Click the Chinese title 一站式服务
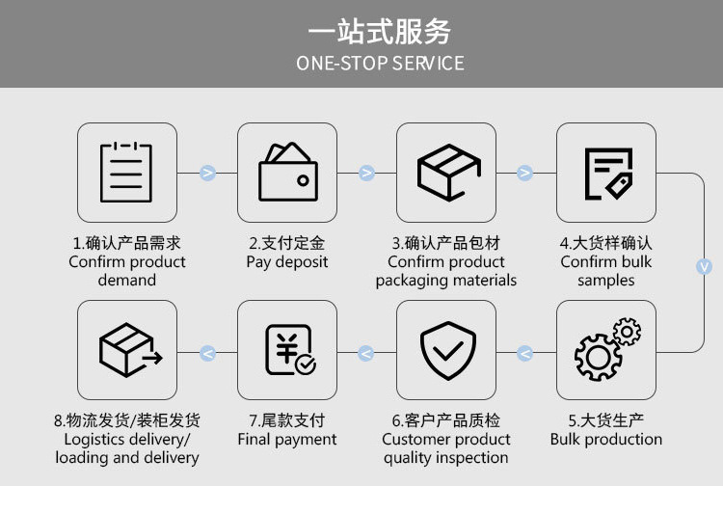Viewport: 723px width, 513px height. coord(379,31)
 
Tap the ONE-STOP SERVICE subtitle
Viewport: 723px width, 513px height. coord(379,64)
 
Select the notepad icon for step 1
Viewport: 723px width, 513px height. coord(126,173)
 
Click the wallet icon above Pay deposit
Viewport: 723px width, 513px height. coord(287,172)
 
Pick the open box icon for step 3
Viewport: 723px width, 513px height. coord(446,173)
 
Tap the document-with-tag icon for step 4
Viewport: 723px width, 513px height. coord(606,173)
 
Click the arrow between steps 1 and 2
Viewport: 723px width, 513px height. coord(207,173)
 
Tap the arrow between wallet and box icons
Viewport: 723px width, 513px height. coord(366,173)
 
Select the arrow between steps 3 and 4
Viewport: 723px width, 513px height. coord(525,173)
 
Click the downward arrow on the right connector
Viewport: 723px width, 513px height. coord(705,266)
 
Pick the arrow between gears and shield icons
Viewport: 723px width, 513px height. coord(525,354)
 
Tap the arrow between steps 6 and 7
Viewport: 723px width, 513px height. coord(366,354)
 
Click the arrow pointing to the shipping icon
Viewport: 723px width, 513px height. coord(207,354)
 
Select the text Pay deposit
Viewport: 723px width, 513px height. coord(287,262)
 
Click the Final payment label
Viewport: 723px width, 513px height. coord(287,440)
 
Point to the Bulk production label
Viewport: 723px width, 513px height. coord(606,440)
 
